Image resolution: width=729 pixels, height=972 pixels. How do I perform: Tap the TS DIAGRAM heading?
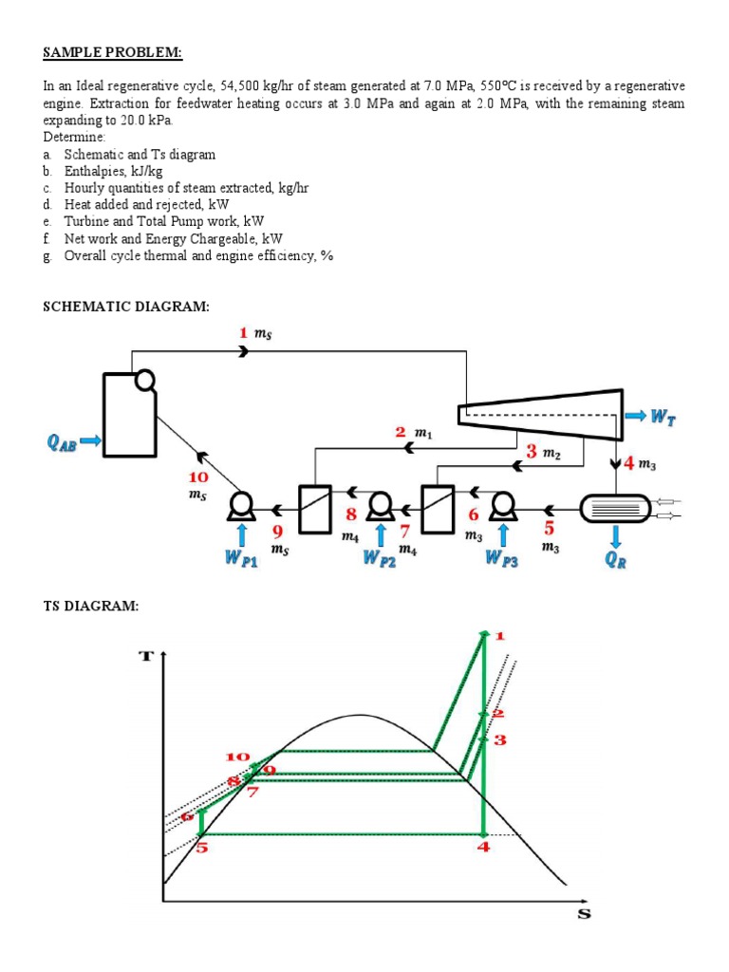91,607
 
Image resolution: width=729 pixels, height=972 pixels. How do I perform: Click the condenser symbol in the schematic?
615,509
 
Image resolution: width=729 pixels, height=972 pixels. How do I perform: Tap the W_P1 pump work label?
243,558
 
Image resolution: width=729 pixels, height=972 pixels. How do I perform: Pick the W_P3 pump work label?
501,558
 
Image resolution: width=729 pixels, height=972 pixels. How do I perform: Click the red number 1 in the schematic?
243,332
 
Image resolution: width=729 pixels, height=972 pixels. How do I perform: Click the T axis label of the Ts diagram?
148,656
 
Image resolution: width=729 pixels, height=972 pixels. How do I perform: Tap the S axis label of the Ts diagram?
584,914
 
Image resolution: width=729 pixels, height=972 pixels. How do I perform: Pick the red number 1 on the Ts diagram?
501,635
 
